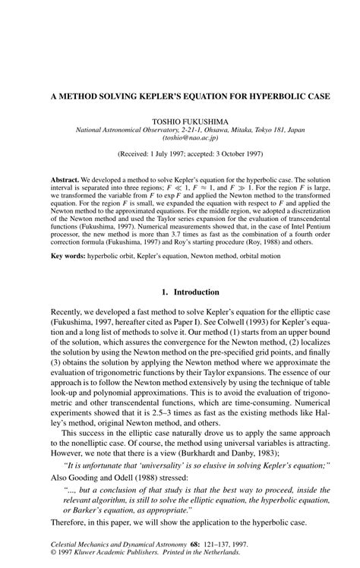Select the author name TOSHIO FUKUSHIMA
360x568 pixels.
[x=179, y=121]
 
